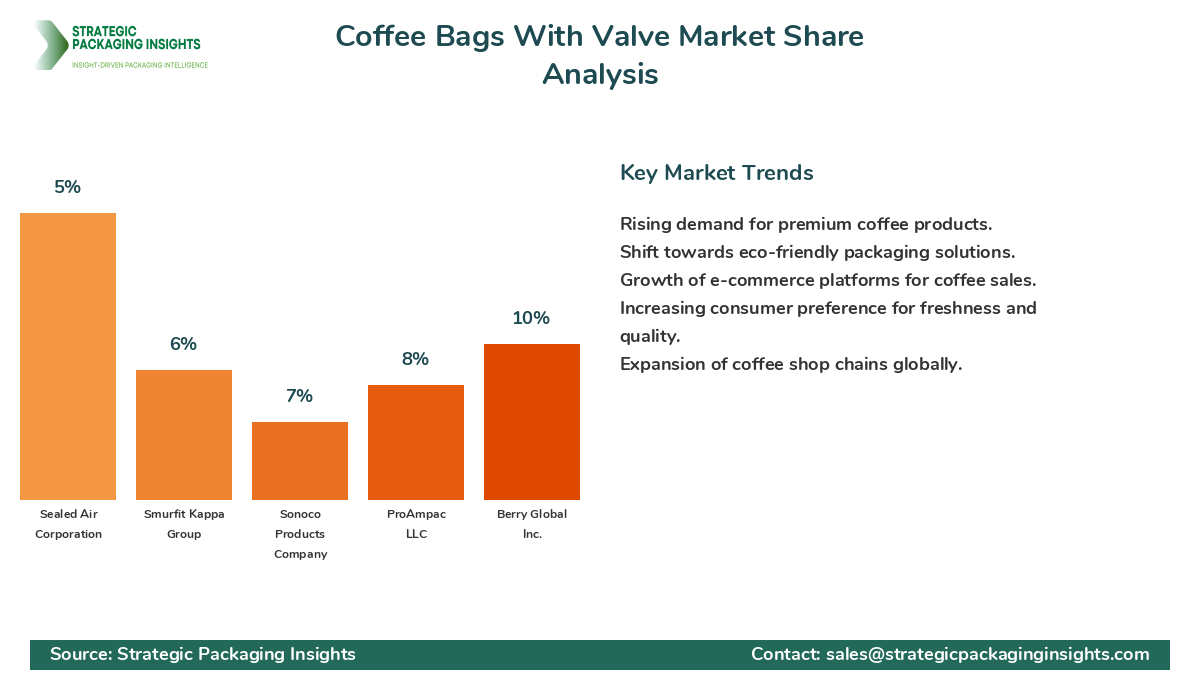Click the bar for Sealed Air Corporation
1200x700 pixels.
(x=68, y=356)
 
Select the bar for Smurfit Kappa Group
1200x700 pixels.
(x=184, y=435)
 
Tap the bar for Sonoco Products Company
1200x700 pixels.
(x=300, y=461)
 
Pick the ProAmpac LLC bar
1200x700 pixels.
(x=416, y=442)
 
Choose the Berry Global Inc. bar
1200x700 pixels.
(x=532, y=422)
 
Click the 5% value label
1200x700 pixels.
(x=68, y=187)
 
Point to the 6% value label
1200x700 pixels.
(x=184, y=344)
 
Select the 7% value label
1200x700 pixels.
(x=300, y=396)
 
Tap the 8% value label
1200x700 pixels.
(x=416, y=359)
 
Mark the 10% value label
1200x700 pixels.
(x=532, y=318)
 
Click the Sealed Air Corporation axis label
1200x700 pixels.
(x=71, y=524)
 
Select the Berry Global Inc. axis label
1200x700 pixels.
(x=532, y=524)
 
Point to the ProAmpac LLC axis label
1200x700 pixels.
(x=416, y=524)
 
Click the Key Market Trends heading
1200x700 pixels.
(x=717, y=173)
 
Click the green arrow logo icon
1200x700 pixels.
(x=50, y=45)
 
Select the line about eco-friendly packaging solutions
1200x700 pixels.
(x=817, y=252)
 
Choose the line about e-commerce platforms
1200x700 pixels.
(x=827, y=280)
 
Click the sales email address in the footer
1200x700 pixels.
(x=987, y=654)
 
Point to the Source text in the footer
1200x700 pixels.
(x=203, y=654)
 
